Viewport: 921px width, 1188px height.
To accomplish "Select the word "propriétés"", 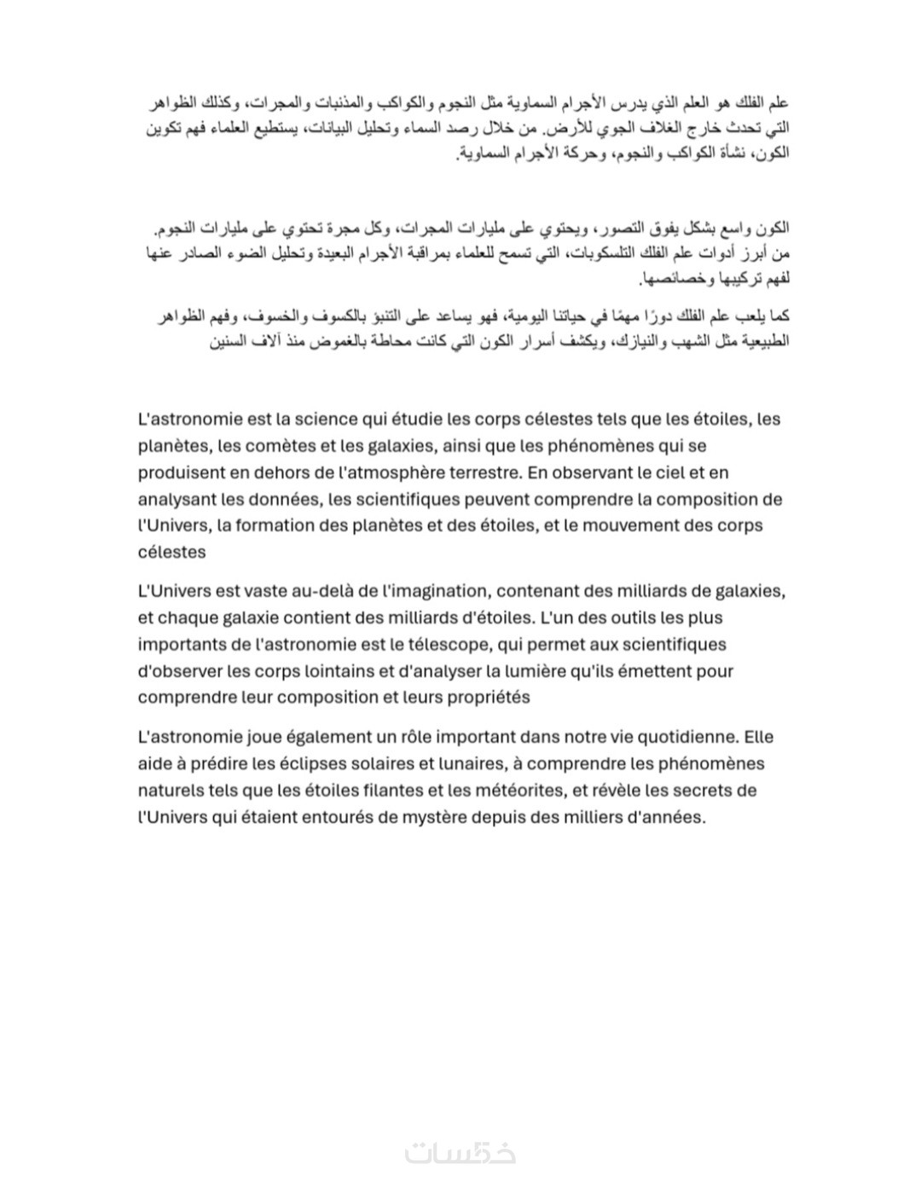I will tap(484, 698).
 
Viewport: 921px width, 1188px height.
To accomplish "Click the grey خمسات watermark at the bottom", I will tap(460, 1152).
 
